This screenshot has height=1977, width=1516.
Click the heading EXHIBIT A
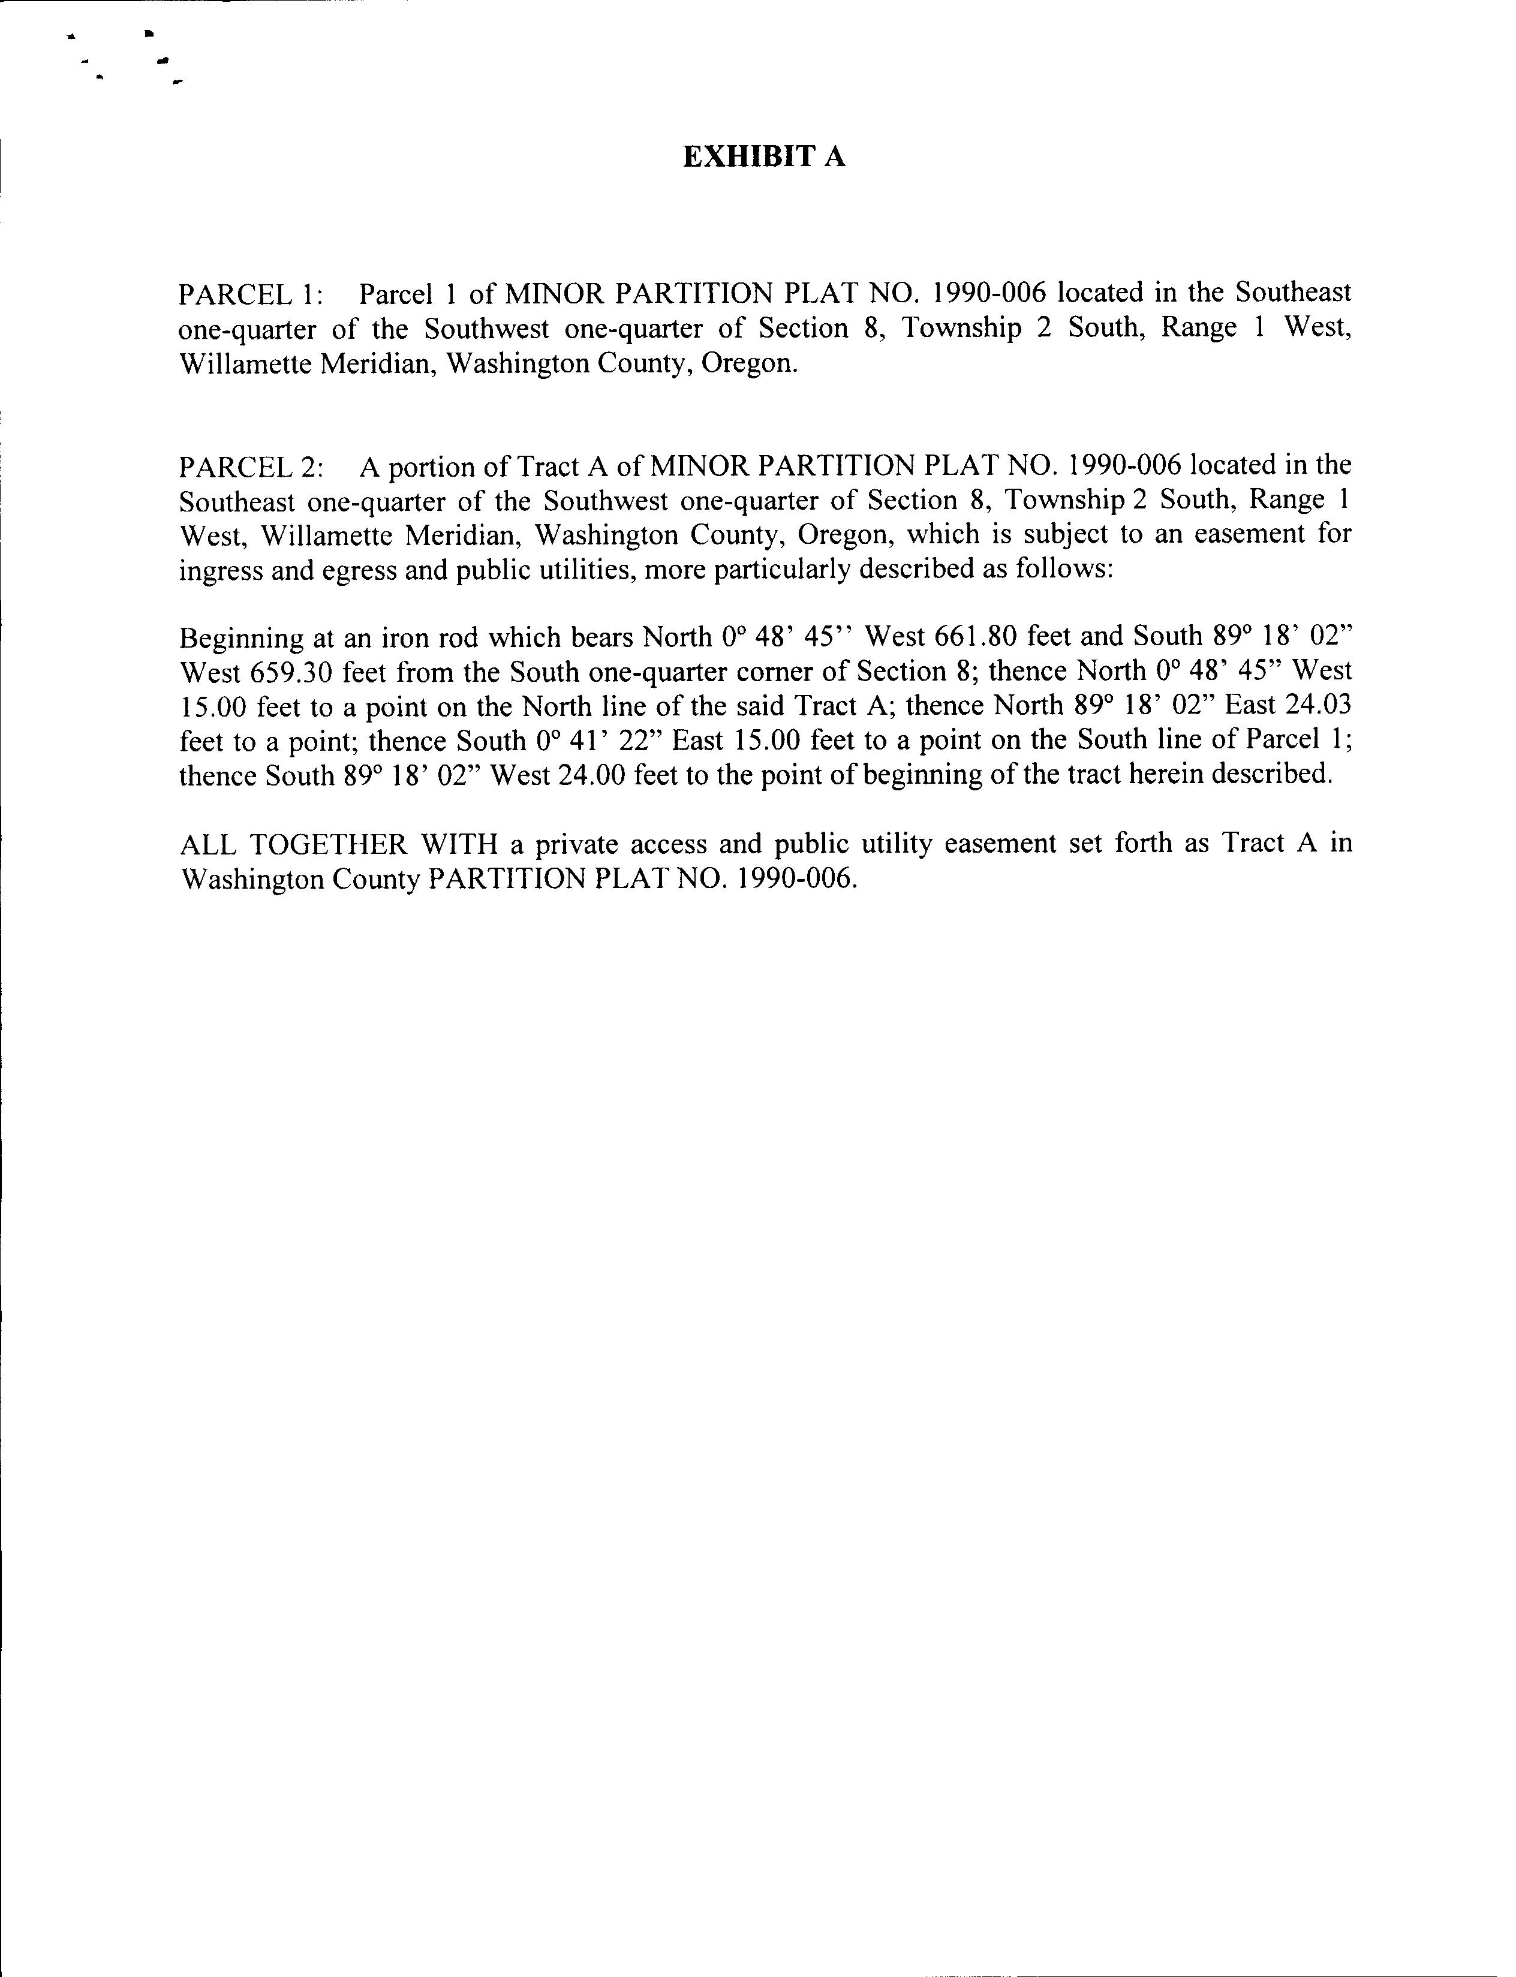click(763, 158)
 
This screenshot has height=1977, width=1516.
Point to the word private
click(570, 844)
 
